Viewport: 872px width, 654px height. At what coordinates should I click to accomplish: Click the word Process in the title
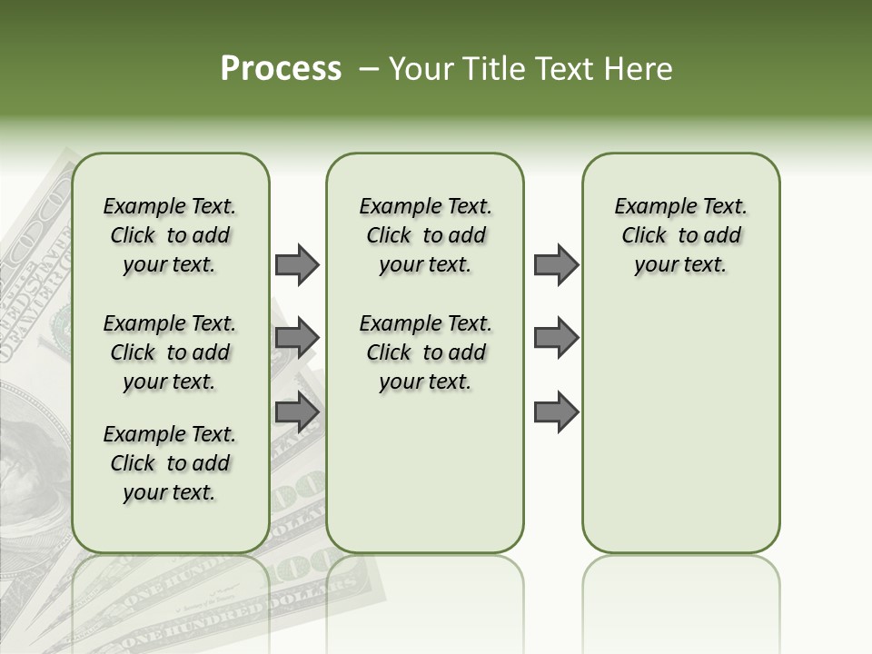pyautogui.click(x=281, y=69)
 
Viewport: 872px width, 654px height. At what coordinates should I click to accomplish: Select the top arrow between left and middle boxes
pyautogui.click(x=297, y=264)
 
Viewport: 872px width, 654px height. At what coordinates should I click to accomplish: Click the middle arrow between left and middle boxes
pyautogui.click(x=297, y=338)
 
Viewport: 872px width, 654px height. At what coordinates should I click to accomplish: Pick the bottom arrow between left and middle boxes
pyautogui.click(x=297, y=412)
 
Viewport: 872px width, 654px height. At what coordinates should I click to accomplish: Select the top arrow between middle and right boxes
pyautogui.click(x=556, y=264)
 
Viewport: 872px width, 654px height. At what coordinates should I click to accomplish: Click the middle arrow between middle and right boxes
pyautogui.click(x=556, y=338)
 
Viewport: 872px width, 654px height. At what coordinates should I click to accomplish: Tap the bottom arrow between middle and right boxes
pyautogui.click(x=556, y=412)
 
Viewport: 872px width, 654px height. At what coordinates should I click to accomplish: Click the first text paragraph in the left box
pyautogui.click(x=170, y=235)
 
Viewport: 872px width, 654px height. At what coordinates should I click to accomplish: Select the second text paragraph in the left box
pyautogui.click(x=170, y=352)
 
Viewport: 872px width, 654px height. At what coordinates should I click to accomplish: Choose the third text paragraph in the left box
pyautogui.click(x=170, y=463)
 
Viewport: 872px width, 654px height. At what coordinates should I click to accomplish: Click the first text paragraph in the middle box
pyautogui.click(x=425, y=235)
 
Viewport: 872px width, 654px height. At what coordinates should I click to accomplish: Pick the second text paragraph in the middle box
pyautogui.click(x=425, y=352)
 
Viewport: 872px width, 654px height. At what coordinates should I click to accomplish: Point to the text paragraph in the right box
pyautogui.click(x=680, y=235)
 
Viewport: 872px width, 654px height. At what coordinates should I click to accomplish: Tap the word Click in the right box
pyautogui.click(x=644, y=236)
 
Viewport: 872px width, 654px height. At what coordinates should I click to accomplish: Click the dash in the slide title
pyautogui.click(x=369, y=69)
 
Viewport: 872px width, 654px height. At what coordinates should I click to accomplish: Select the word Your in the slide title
pyautogui.click(x=418, y=69)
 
